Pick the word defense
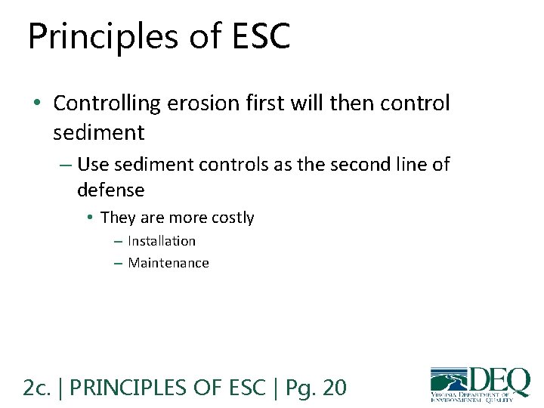tap(110, 190)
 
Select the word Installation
tap(162, 241)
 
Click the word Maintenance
tap(168, 263)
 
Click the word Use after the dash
tap(93, 164)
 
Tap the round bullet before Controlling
tap(39, 104)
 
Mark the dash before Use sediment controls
tap(65, 165)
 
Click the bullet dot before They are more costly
tap(89, 218)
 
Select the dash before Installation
tap(117, 242)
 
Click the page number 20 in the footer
tap(334, 388)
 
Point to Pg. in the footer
tap(300, 388)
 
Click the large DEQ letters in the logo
tap(499, 380)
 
